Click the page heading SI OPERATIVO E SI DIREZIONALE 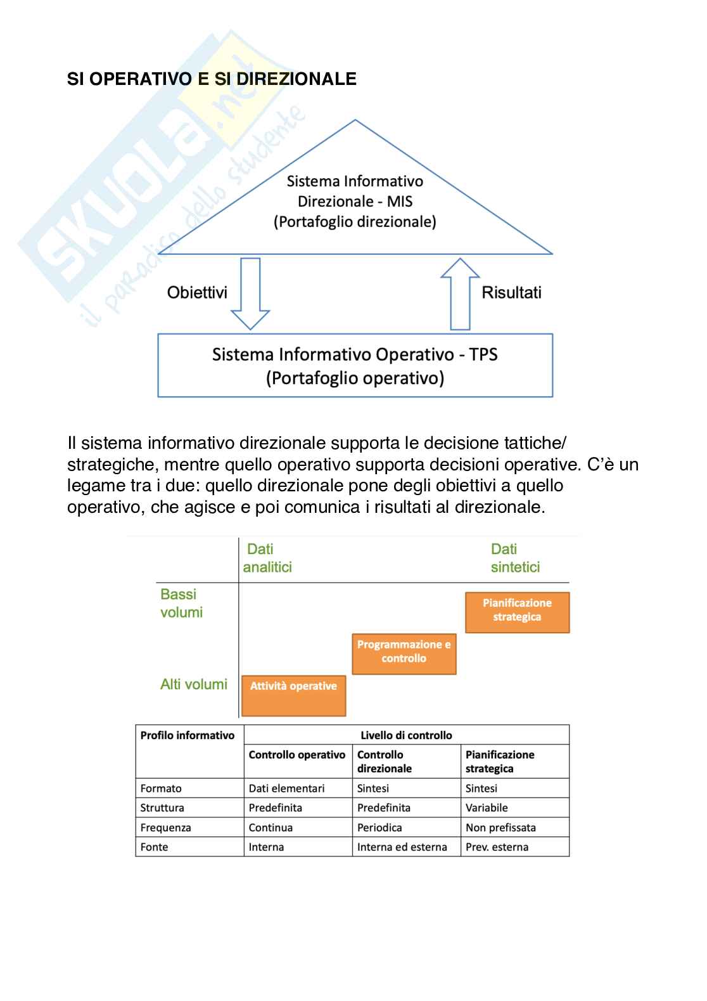click(212, 79)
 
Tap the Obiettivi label click(197, 293)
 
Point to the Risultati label click(511, 293)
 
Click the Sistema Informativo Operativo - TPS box click(355, 366)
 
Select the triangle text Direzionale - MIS click(355, 202)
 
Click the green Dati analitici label click(267, 558)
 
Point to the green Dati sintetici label click(515, 558)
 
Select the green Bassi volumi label click(181, 603)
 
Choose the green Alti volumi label click(193, 685)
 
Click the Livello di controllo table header click(406, 735)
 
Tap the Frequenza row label click(165, 828)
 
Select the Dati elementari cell click(286, 789)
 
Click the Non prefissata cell click(500, 828)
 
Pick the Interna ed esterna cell click(402, 847)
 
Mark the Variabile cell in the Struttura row click(487, 808)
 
